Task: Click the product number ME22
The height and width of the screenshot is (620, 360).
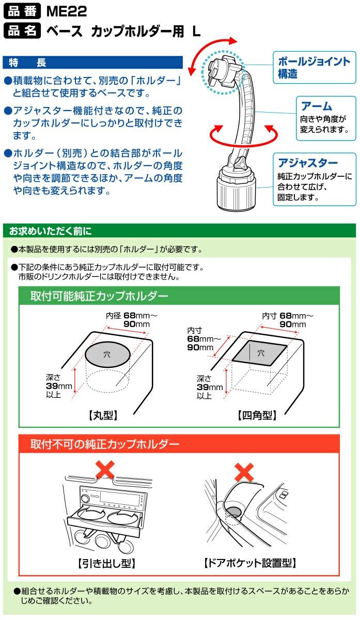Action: tap(67, 11)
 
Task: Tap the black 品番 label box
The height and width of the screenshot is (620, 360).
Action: tap(22, 11)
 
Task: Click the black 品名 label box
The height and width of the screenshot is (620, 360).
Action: tap(22, 30)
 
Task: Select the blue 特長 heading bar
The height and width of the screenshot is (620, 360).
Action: tap(92, 63)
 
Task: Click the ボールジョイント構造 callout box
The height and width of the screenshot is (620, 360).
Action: tap(315, 67)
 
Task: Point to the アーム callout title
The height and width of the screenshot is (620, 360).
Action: tap(316, 106)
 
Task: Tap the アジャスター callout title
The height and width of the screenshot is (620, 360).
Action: tap(308, 163)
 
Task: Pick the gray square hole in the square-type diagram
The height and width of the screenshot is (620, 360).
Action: tap(260, 353)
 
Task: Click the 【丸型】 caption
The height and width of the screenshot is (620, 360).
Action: tap(103, 415)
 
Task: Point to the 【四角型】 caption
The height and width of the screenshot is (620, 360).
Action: tap(257, 415)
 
